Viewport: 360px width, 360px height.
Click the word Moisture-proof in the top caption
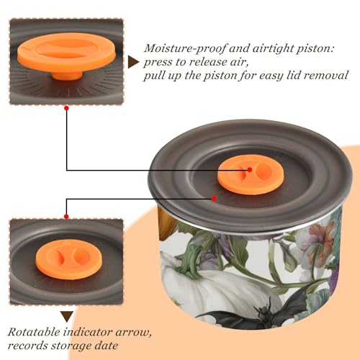point(185,49)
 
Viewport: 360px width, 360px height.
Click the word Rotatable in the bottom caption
point(34,332)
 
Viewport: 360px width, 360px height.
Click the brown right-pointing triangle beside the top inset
point(133,62)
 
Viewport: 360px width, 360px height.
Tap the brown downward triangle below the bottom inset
point(67,317)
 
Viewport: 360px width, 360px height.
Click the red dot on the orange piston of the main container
point(250,170)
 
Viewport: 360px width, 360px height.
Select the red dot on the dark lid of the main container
point(214,199)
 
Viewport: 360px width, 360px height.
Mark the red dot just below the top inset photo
point(67,108)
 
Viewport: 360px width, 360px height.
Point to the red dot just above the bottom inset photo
point(66,217)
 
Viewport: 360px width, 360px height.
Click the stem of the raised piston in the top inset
point(67,76)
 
